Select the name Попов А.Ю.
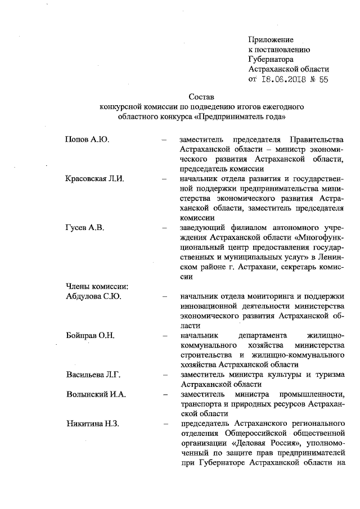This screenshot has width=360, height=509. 84,138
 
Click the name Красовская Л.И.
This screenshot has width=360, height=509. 93,179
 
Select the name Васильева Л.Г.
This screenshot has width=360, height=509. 93,375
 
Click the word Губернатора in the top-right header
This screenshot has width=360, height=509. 271,59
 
